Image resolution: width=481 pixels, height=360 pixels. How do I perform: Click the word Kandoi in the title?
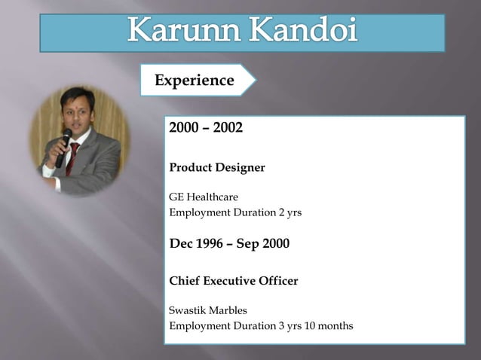point(302,32)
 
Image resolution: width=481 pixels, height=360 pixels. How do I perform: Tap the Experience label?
point(195,81)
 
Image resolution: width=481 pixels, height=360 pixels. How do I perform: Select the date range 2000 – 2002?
point(206,128)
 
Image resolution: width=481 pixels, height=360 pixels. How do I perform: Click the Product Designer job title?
point(217,167)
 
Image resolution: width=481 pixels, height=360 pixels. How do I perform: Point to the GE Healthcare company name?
point(204,197)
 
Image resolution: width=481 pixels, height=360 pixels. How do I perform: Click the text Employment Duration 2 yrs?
point(235,212)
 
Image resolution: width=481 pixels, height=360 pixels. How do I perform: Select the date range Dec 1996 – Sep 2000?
point(229,243)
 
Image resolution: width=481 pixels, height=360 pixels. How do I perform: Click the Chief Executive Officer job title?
point(234,281)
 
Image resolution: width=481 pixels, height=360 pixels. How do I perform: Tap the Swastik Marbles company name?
point(208,310)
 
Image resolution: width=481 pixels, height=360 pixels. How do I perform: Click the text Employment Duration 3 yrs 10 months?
point(261,326)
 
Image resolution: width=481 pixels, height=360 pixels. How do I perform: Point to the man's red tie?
point(73,158)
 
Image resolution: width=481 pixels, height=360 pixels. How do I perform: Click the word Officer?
point(279,281)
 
